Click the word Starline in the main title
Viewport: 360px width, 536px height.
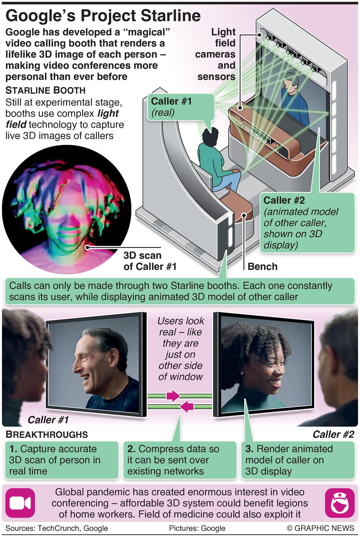(x=171, y=16)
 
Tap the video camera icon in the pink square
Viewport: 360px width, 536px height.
(x=20, y=503)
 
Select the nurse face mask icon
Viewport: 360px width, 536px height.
(x=339, y=503)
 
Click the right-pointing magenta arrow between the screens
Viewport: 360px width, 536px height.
(x=173, y=396)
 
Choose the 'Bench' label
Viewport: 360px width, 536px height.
(x=262, y=267)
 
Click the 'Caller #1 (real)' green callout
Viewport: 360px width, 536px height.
(x=180, y=107)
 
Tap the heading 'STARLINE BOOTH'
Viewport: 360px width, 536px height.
(x=45, y=90)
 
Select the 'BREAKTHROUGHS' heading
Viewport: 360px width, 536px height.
(x=47, y=435)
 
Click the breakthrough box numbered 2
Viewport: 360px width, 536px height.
(x=180, y=460)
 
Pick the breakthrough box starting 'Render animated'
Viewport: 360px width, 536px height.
(x=298, y=460)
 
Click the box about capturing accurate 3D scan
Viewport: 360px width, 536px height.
(x=62, y=460)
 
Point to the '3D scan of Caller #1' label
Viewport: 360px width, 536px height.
(x=150, y=261)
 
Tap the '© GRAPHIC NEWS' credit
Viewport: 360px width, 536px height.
(x=320, y=528)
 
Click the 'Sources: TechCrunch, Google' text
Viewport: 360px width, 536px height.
(x=57, y=528)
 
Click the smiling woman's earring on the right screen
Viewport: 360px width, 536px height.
(x=242, y=373)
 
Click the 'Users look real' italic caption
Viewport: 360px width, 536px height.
(x=180, y=349)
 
